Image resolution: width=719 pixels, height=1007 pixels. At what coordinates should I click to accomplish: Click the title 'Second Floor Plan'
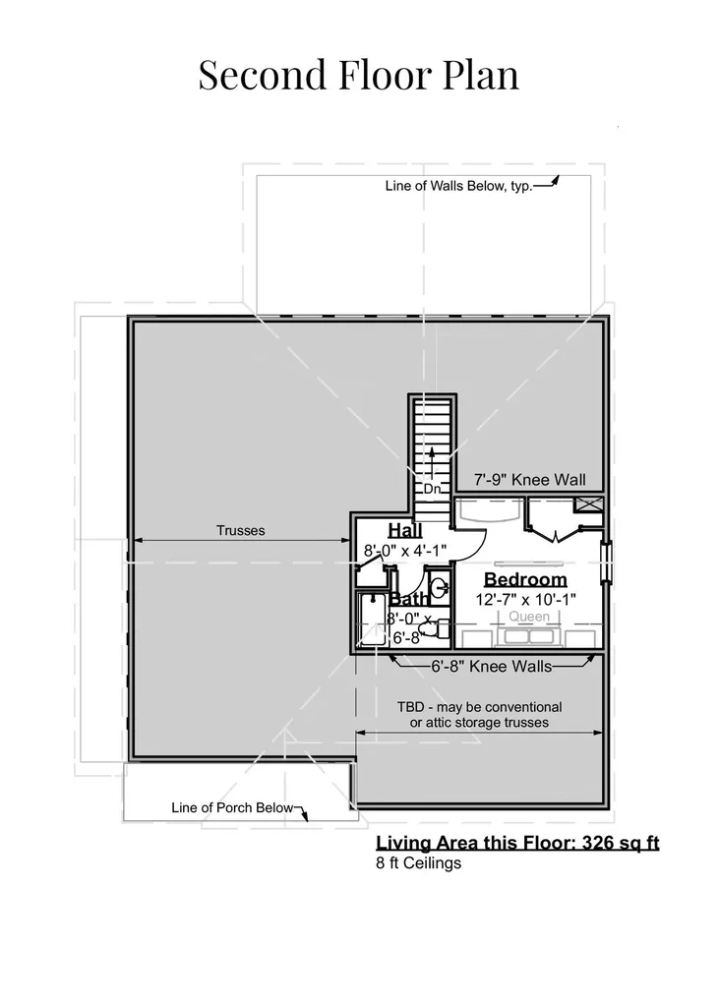[x=359, y=75]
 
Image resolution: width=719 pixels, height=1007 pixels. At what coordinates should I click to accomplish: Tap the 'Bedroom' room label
[x=525, y=579]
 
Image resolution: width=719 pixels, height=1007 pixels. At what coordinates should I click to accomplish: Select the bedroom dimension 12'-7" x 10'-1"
[x=525, y=600]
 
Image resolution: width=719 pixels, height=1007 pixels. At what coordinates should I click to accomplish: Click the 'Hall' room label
[x=405, y=530]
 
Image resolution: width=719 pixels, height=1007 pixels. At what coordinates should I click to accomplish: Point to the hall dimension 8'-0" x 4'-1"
[x=405, y=551]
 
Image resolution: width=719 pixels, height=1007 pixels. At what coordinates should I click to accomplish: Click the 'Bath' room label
[x=408, y=599]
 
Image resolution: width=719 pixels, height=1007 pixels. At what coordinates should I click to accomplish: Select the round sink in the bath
[x=440, y=587]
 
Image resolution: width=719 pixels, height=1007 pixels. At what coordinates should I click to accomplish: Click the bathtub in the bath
[x=372, y=620]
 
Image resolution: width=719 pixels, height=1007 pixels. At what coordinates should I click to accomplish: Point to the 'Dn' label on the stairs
[x=432, y=489]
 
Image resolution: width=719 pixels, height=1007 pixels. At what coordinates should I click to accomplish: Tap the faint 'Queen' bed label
[x=529, y=617]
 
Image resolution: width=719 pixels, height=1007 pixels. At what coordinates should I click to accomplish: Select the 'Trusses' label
[x=240, y=530]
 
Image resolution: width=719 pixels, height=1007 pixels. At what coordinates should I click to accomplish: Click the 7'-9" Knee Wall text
[x=529, y=480]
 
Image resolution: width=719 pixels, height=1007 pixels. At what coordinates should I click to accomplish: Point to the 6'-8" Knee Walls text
[x=492, y=667]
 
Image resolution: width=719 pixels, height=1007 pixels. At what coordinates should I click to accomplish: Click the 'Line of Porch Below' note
[x=232, y=808]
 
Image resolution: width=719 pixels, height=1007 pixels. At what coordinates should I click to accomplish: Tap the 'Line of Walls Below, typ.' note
[x=458, y=186]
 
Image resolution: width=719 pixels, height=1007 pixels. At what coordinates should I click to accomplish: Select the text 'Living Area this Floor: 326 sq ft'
[x=517, y=843]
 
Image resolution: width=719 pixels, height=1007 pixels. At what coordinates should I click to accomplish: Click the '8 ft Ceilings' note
[x=418, y=863]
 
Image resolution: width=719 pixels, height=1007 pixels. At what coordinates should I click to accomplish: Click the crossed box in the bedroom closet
[x=588, y=504]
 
